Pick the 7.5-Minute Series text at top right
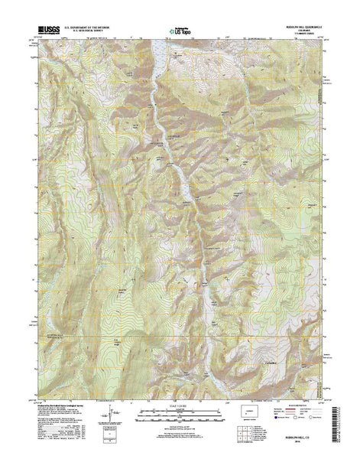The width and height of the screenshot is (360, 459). click(x=296, y=35)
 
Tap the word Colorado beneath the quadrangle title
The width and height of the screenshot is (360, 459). click(x=296, y=31)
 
